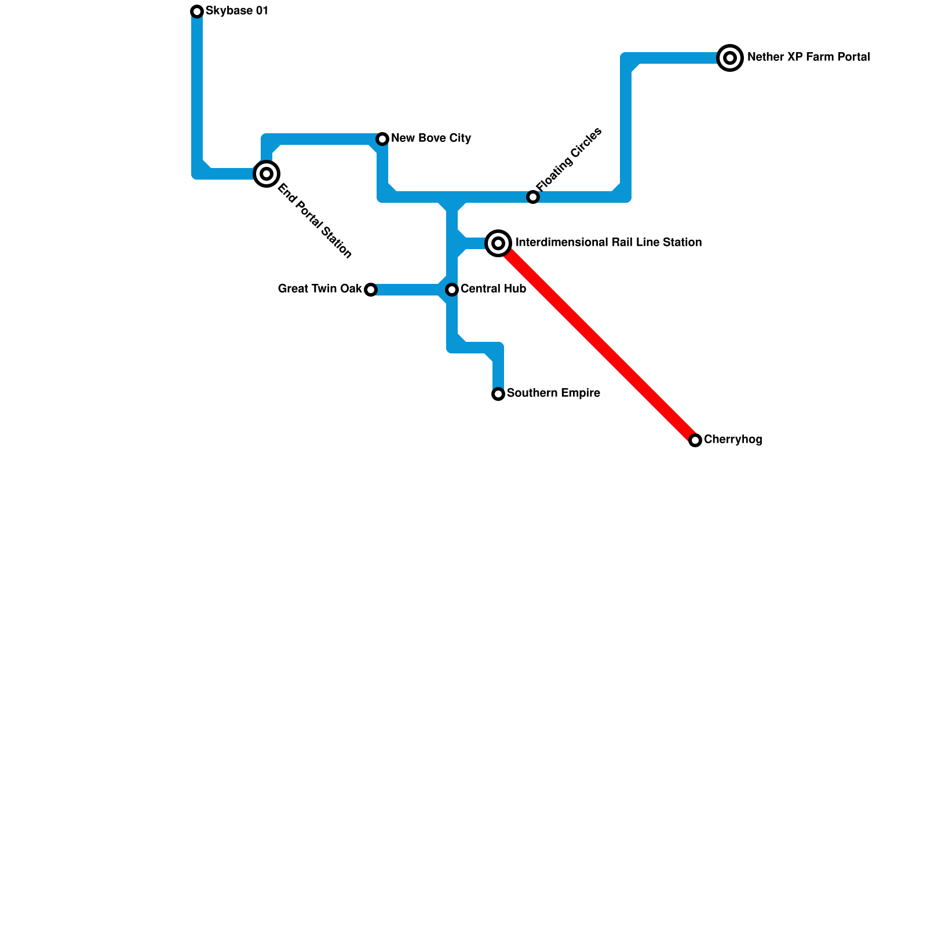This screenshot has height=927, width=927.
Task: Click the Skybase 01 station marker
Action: pyautogui.click(x=197, y=12)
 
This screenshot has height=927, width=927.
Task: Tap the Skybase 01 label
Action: pyautogui.click(x=236, y=11)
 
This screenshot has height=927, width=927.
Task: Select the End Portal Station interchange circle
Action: pyautogui.click(x=267, y=174)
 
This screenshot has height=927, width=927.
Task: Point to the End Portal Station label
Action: pyautogui.click(x=315, y=221)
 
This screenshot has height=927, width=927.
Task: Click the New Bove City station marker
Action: pyautogui.click(x=382, y=139)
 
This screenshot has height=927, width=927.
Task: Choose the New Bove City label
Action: pyautogui.click(x=431, y=138)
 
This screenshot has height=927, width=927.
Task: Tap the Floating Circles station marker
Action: pyautogui.click(x=533, y=197)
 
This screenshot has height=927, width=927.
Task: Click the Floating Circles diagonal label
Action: pyautogui.click(x=569, y=159)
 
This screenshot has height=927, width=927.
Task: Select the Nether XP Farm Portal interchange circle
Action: pyautogui.click(x=730, y=58)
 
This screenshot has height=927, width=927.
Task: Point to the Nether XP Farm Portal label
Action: pyautogui.click(x=808, y=57)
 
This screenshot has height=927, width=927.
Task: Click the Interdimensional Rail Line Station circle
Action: pyautogui.click(x=498, y=243)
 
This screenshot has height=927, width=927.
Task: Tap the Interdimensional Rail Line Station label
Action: pyautogui.click(x=608, y=243)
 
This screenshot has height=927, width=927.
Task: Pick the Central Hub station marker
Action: pyautogui.click(x=452, y=289)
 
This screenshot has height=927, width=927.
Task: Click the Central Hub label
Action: pyautogui.click(x=493, y=289)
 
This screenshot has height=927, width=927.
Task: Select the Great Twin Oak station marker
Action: pyautogui.click(x=371, y=290)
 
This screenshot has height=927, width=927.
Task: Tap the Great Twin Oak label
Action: pyautogui.click(x=320, y=289)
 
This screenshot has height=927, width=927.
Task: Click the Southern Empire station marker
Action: pyautogui.click(x=498, y=394)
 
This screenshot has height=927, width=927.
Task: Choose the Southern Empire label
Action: pyautogui.click(x=553, y=393)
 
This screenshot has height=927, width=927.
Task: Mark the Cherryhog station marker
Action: pyautogui.click(x=695, y=440)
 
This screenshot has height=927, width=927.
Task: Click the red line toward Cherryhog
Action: pyautogui.click(x=597, y=342)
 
